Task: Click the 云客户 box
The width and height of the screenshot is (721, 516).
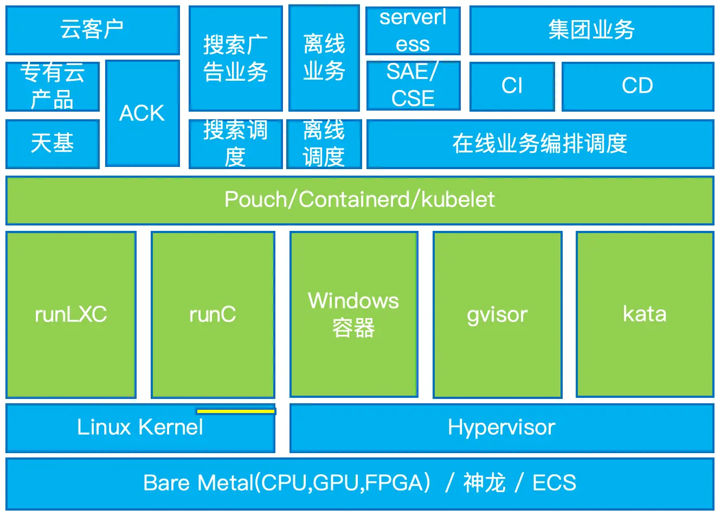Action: pos(93,30)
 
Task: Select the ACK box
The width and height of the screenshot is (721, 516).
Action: pos(143,113)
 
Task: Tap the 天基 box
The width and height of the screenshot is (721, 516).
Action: pos(53,144)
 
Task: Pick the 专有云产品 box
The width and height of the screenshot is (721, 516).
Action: pos(53,87)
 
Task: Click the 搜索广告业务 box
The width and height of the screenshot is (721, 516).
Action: pos(236,58)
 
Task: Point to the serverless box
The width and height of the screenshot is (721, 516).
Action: pos(413,30)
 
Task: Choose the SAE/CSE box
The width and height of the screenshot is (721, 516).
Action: pos(413,85)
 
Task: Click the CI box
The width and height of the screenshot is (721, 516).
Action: pos(512,87)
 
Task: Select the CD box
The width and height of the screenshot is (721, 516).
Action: pos(638,87)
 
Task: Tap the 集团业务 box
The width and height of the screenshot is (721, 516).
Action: pos(592,30)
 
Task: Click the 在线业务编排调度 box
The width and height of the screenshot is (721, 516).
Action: pos(540,144)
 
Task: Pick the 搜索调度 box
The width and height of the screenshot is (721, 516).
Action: pos(236,144)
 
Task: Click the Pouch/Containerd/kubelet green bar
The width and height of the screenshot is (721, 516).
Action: pos(360,200)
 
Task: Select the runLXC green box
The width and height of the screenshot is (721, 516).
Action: pos(71,314)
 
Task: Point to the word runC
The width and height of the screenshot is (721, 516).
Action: pos(213,314)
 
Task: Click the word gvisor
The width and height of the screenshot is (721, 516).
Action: pos(497,315)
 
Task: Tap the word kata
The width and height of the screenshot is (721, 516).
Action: pos(645,314)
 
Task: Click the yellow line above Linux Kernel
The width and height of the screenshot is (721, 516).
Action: pos(236,411)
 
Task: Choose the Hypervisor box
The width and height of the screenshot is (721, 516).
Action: pos(502,428)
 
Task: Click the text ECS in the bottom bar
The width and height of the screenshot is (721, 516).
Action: pos(554,483)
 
